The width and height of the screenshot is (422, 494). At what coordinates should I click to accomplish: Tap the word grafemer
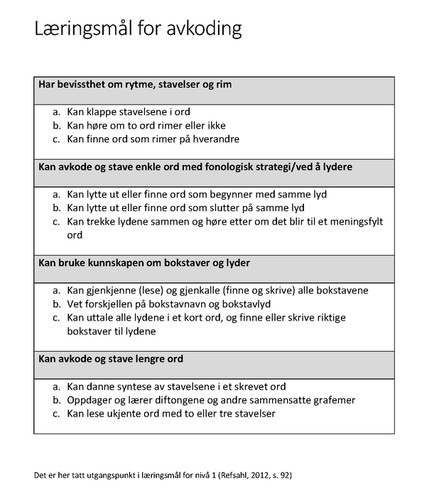coord(330,400)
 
